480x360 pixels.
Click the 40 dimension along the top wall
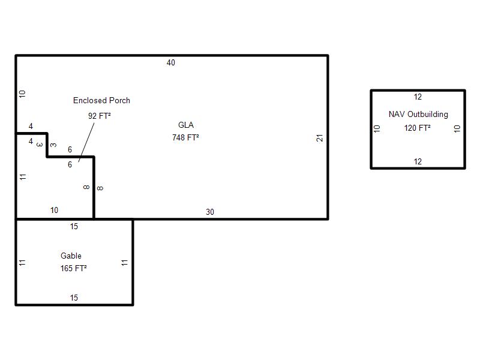[x=171, y=63]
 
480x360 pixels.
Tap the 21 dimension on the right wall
[x=320, y=138]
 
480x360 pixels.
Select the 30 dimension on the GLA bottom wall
[x=209, y=212]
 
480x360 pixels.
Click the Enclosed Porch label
[x=101, y=100]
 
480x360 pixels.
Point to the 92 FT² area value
[x=99, y=116]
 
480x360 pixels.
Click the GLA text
[x=186, y=125]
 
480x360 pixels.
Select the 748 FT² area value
[x=185, y=137]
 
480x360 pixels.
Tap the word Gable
[x=71, y=256]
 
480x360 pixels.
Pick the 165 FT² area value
[x=73, y=268]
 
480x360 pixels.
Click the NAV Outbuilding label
[x=418, y=114]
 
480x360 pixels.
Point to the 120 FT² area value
[x=417, y=128]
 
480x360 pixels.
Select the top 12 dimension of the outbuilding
[x=418, y=97]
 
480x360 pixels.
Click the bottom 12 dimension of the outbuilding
[x=418, y=161]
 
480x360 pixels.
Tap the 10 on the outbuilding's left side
[x=377, y=128]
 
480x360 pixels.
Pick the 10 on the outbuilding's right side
[x=457, y=128]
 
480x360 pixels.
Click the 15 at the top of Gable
[x=74, y=227]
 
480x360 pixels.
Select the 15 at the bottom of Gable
[x=74, y=298]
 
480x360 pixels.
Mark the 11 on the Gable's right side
[x=124, y=263]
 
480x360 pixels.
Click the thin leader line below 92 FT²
[x=86, y=142]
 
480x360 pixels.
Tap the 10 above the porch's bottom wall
[x=54, y=211]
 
